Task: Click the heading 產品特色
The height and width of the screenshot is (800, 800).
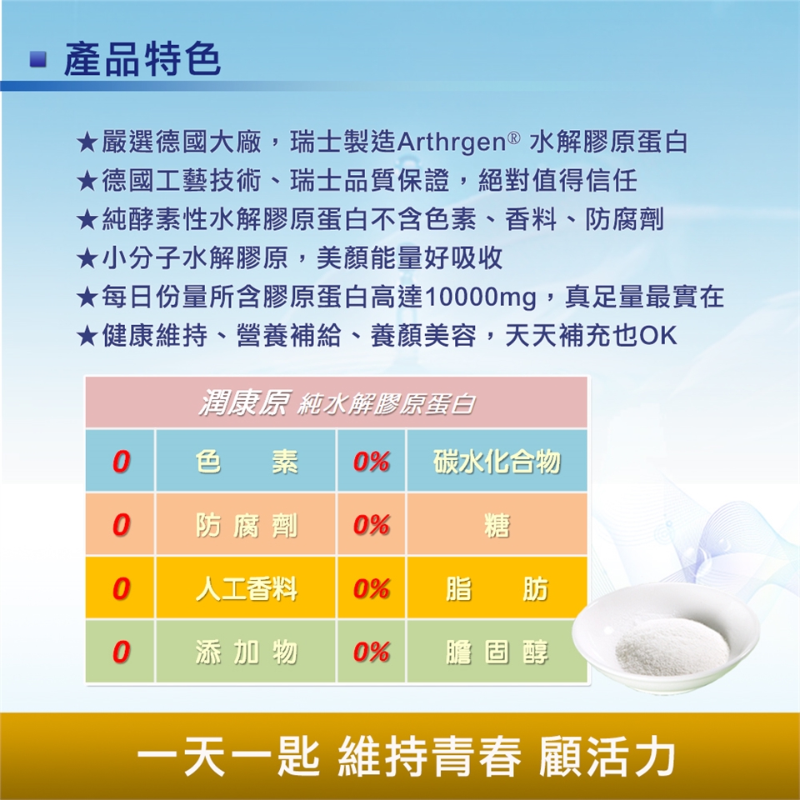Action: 142,59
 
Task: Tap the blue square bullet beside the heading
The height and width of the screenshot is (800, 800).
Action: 38,60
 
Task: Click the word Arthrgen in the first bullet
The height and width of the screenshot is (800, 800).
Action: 451,142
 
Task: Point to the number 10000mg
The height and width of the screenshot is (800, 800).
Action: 480,297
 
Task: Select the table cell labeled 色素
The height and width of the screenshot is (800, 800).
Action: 245,461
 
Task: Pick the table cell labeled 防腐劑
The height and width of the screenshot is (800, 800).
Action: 245,524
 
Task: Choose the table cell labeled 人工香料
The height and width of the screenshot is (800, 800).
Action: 245,587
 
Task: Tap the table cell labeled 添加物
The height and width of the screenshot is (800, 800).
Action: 245,652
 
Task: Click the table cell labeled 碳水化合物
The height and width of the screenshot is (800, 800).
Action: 497,461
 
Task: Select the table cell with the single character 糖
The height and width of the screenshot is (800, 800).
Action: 497,524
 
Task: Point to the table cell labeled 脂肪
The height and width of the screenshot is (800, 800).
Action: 497,587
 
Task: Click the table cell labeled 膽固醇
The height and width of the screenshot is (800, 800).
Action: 497,652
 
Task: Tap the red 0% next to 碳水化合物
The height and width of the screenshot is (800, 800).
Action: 372,461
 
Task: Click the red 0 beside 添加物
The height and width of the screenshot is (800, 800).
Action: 122,652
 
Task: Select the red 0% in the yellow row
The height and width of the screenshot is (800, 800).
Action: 372,588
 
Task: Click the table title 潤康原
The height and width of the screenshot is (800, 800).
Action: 245,402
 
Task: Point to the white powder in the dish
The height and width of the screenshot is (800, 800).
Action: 672,647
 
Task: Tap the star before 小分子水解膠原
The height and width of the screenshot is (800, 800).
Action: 87,258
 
